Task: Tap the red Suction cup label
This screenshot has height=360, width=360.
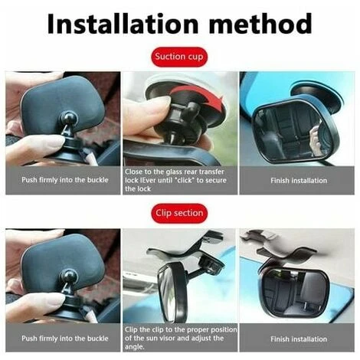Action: coord(179,57)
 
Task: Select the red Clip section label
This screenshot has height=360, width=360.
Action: coord(179,213)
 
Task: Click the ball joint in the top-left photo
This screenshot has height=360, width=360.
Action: coord(70,119)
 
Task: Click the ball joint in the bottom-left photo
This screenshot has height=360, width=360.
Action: coord(70,277)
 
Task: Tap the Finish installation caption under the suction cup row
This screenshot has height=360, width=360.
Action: coord(299,181)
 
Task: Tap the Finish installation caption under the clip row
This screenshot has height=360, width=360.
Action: coord(299,339)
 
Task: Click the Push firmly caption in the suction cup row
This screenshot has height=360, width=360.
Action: coord(65,180)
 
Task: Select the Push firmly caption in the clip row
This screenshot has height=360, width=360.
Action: coord(65,339)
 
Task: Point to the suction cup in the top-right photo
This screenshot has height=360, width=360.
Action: coord(316,96)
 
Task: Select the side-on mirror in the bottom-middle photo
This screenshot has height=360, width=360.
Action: coord(171,293)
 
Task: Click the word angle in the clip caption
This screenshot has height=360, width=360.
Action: coord(134,347)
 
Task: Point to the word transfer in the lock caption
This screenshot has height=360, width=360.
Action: coord(211,172)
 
